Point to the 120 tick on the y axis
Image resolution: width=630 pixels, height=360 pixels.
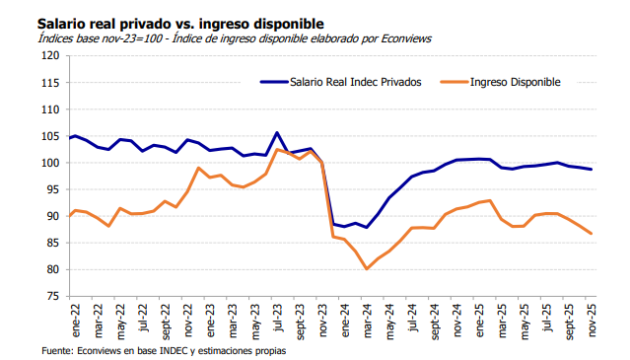50,55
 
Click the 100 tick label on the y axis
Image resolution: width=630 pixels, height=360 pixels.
50,163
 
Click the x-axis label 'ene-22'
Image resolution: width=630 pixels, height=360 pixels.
72,319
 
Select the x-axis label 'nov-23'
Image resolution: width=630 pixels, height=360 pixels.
321,319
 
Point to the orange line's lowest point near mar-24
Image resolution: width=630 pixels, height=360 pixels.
367,268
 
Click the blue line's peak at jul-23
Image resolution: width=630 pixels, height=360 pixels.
277,132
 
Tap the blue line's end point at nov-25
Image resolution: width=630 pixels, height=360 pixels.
592,170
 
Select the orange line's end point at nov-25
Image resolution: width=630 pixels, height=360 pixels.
592,234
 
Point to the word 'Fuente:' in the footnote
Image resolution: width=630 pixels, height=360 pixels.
59,352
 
